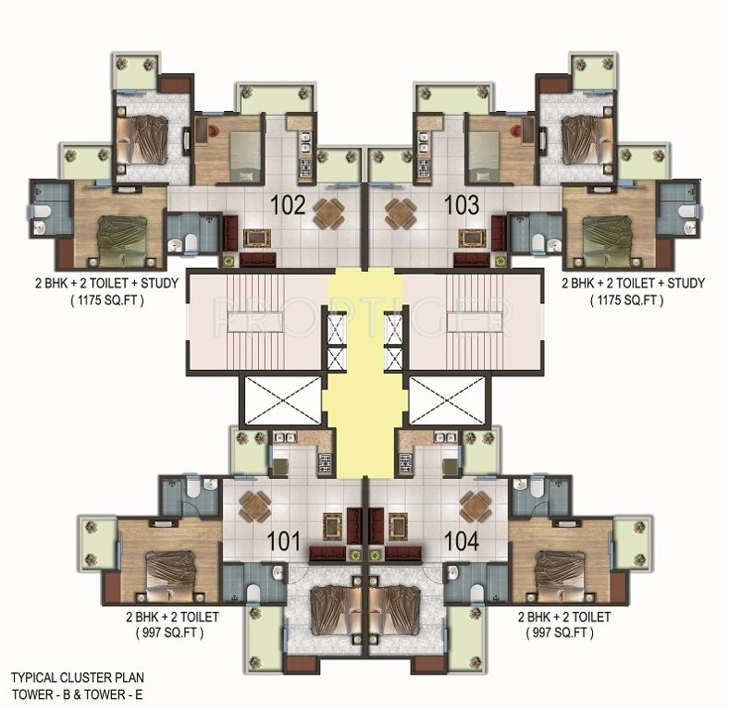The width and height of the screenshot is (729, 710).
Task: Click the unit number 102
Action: tap(288, 204)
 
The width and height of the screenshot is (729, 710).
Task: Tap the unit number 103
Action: tap(461, 204)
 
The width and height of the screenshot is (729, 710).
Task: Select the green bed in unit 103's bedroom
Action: tap(607, 230)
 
